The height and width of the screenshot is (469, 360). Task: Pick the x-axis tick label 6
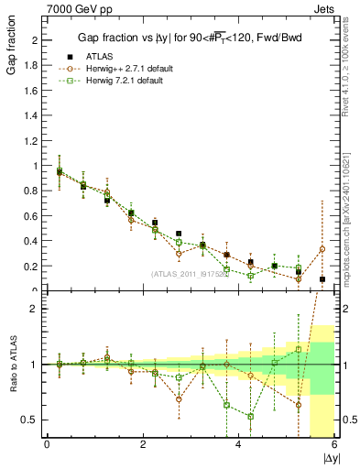click(x=334, y=444)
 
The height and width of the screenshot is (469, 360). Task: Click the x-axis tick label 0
click(x=47, y=444)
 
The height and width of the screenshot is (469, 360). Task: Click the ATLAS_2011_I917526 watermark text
click(x=188, y=274)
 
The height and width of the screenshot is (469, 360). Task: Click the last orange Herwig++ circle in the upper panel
click(x=322, y=249)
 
